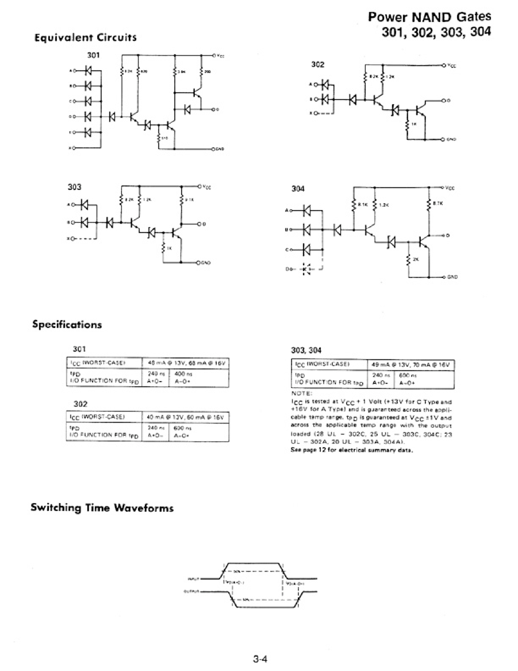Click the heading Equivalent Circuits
coord(85,38)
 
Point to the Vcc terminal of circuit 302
coord(444,65)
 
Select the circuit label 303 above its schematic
coord(75,187)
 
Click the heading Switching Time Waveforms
coord(102,508)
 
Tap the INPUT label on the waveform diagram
coord(193,579)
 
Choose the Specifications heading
coord(67,325)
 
